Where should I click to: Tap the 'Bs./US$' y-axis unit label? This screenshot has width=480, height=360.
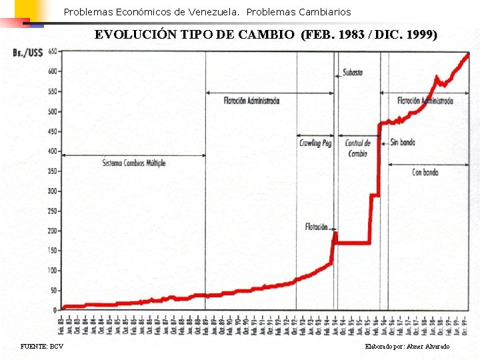(x=27, y=52)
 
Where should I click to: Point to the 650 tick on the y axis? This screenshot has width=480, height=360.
(x=52, y=51)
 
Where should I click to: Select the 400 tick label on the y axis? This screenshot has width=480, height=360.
(x=52, y=151)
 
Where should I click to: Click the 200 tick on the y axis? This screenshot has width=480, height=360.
(x=52, y=231)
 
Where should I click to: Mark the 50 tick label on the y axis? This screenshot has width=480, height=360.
(x=53, y=291)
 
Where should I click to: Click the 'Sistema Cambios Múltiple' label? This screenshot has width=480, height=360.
(x=134, y=163)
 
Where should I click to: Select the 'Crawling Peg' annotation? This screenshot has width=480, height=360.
(x=315, y=143)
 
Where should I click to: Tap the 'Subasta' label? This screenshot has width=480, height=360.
(x=353, y=73)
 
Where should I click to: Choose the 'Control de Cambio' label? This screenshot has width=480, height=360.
(x=358, y=148)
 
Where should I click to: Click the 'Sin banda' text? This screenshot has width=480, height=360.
(x=403, y=142)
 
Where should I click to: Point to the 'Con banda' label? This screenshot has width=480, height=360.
(x=425, y=172)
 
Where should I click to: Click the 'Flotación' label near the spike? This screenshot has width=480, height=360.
(x=317, y=227)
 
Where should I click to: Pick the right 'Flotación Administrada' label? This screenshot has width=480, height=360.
(x=425, y=101)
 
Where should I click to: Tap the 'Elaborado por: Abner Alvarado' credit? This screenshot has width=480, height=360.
(x=407, y=347)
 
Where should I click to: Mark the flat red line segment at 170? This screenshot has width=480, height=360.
(x=353, y=243)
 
